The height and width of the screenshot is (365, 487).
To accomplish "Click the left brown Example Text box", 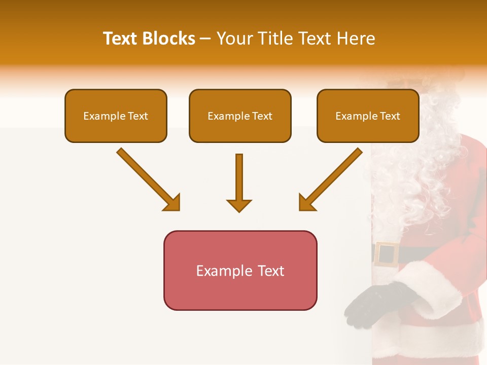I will coord(116,116).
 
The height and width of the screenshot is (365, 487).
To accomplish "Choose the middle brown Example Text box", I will coord(240,116).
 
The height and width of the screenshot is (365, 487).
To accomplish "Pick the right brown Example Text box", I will coord(368,116).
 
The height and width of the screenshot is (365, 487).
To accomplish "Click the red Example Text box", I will coord(240,270).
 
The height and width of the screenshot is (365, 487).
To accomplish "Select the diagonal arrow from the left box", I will coord(148,179).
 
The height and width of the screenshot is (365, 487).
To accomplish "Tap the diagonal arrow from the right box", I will coord(331,179).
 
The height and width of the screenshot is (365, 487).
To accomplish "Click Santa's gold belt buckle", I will coord(387,254).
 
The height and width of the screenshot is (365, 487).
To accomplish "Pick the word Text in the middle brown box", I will coord(262,116).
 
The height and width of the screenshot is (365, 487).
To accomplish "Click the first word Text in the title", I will coord(121,39).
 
